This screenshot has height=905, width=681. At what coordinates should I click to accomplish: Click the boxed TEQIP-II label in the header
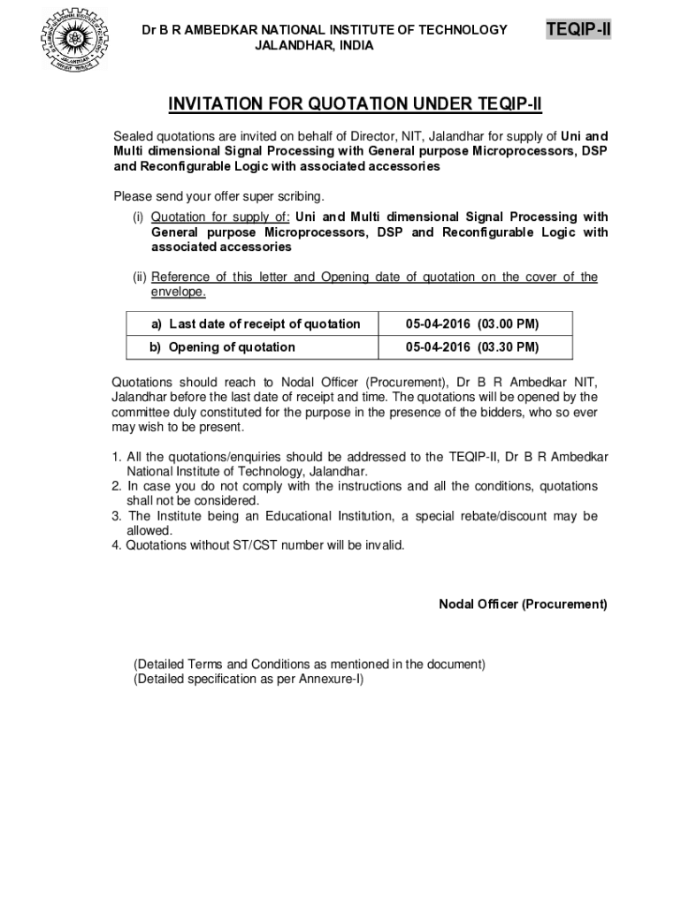579,31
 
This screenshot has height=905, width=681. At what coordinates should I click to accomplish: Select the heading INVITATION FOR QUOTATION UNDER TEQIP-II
355,106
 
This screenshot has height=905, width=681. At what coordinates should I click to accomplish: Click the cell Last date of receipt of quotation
256,323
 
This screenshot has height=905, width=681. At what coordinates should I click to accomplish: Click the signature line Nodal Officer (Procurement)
523,605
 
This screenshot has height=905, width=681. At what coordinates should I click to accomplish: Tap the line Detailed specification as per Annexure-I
249,679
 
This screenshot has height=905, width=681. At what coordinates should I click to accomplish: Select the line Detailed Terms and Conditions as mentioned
309,664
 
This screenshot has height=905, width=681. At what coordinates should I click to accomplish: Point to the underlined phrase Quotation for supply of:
220,217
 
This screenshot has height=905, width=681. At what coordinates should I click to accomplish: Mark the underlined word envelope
179,292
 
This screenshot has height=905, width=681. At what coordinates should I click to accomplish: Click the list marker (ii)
139,278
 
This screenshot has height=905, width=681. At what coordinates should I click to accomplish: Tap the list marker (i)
139,217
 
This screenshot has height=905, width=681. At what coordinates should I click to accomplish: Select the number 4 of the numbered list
116,545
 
